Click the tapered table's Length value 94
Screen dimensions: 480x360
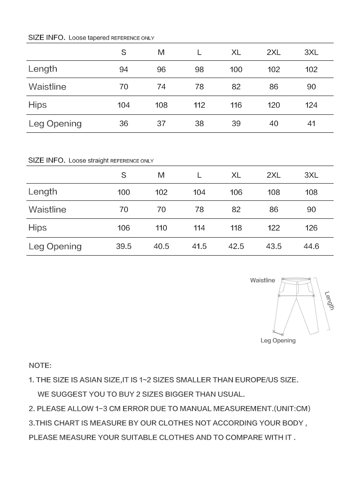124,70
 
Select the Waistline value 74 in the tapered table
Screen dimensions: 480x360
161,87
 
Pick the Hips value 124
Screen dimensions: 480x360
311,105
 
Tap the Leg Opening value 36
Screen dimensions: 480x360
124,124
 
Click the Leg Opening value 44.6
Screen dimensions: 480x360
311,246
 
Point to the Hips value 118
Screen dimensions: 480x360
236,228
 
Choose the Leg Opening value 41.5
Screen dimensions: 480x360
199,246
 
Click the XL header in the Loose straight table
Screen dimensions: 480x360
236,175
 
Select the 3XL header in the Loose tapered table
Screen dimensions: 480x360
311,52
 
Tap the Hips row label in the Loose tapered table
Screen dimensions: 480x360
38,105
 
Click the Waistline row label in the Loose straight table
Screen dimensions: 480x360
47,210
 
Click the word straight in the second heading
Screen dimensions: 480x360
98,161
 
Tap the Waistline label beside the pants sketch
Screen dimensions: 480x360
262,280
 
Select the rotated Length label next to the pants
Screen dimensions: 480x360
329,300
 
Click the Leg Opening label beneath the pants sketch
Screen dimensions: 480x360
278,341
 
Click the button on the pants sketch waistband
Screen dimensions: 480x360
297,283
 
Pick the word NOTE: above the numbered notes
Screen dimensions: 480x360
40,366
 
